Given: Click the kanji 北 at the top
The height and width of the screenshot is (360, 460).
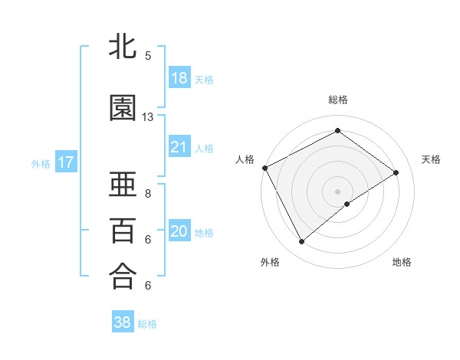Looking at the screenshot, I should pos(123,47).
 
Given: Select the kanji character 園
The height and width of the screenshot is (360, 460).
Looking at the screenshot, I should pos(123,108).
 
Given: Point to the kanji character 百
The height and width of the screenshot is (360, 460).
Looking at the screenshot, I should pos(123,230).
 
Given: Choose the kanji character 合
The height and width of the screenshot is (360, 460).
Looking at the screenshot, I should pos(123,276).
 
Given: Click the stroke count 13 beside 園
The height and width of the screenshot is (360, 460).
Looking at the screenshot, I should pos(148,117).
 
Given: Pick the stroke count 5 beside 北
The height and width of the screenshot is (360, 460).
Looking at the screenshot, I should pos(148,56).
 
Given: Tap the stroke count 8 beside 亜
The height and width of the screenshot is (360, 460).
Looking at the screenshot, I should pos(148,194).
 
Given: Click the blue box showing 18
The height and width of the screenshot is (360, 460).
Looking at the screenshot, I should pos(179,78).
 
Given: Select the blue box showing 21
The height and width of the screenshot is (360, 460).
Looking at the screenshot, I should pos(179,147).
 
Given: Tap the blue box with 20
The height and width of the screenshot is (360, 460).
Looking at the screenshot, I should pos(179,231).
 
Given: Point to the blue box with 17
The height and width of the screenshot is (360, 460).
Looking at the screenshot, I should pos(65,162).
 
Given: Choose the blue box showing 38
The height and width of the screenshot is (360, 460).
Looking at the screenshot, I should pos(122,322).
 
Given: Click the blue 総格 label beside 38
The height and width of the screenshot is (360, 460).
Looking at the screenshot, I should pos(147,324).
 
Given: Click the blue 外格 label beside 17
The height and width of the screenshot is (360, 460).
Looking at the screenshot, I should pos(41,163).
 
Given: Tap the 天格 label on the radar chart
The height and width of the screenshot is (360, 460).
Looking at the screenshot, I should pos(431,159).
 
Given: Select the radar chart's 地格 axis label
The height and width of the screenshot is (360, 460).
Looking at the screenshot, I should pos(402,262).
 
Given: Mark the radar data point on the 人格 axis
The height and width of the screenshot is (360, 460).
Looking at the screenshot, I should pos(264,168).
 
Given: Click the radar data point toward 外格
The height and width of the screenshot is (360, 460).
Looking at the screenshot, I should pos(301,242).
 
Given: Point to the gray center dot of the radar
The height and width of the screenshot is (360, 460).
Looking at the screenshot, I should pos(337,191).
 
